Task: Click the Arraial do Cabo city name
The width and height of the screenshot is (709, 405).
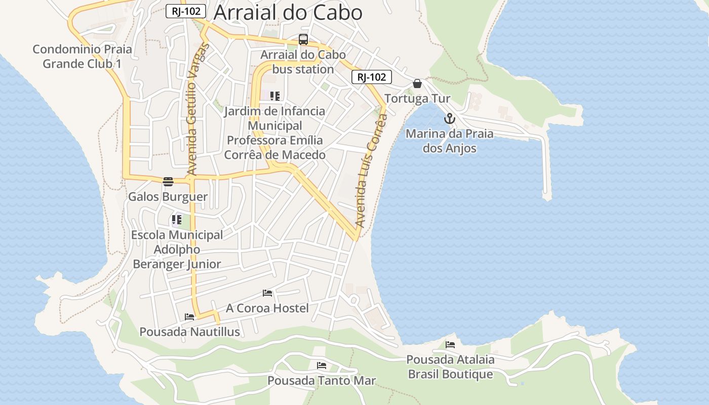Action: pos(288,13)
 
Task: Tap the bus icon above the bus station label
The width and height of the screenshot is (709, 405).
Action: pos(303,39)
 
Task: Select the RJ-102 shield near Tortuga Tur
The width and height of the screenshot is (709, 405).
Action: pos(372,77)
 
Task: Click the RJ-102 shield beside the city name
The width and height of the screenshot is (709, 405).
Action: pos(186,11)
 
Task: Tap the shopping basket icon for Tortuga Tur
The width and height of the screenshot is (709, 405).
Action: pos(417,84)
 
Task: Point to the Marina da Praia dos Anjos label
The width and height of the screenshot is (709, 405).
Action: pos(450,141)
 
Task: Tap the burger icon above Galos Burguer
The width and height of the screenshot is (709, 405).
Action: pos(168,182)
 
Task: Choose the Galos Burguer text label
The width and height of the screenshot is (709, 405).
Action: pos(168,196)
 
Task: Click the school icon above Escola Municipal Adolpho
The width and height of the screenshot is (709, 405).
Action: pos(176,220)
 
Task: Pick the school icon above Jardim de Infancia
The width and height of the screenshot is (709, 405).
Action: pos(275,96)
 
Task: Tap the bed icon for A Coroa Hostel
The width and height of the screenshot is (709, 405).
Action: pos(267,293)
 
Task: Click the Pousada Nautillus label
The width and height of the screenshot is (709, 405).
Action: pos(189,332)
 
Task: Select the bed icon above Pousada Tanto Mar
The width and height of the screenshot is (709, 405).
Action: pos(322,366)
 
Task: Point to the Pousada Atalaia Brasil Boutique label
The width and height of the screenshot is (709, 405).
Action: pos(450,367)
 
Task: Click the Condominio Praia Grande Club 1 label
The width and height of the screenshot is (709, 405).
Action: pos(82,56)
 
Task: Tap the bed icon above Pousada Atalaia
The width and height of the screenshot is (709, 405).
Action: pos(450,345)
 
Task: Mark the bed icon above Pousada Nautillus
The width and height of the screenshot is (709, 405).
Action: pos(189,317)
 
